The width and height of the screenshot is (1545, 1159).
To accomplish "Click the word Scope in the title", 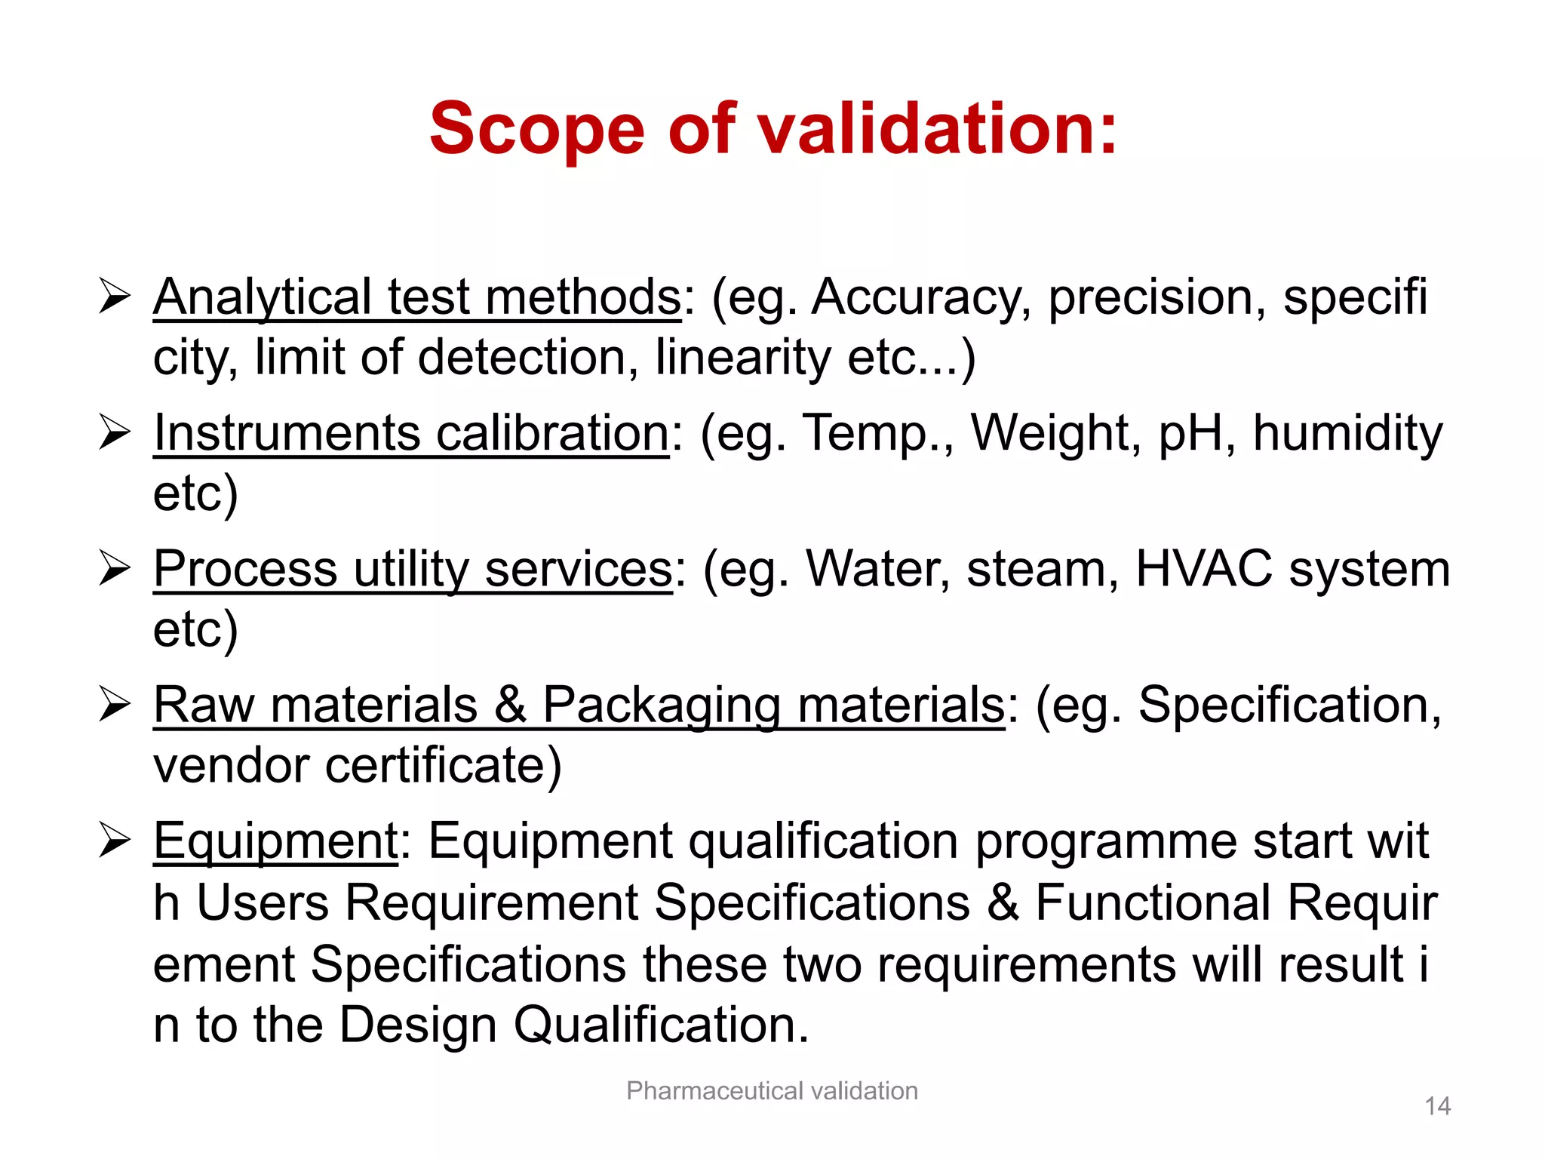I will point(536,130).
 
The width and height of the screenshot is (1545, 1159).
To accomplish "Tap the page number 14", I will point(1437,1106).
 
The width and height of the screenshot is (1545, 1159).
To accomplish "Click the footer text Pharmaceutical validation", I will point(772,1091).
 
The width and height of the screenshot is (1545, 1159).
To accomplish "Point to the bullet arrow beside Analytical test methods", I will point(115,296).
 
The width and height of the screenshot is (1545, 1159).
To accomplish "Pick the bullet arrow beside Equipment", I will point(115,841).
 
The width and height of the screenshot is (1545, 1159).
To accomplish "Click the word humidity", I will point(1347,434).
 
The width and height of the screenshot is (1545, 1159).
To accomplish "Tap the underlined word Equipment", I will point(275,841).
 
